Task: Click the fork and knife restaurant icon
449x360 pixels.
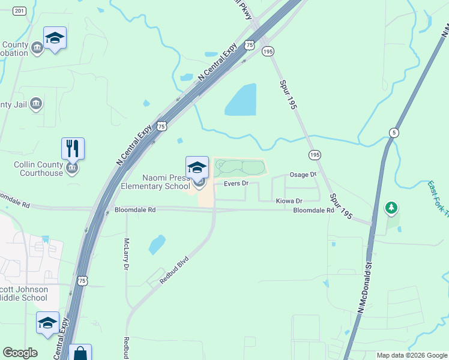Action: point(73,148)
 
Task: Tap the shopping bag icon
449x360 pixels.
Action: point(80,353)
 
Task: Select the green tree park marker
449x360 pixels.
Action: point(391,208)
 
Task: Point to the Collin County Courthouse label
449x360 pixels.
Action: point(38,169)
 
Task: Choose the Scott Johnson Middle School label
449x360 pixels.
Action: point(24,293)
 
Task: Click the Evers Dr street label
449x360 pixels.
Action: point(236,183)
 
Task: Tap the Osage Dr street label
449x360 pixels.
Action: point(303,175)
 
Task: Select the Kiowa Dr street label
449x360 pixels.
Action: point(289,200)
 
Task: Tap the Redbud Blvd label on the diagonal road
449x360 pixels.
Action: point(174,270)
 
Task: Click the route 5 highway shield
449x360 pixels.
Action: point(393,132)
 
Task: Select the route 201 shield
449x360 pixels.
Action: point(19,11)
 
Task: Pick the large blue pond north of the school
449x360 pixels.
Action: point(241,100)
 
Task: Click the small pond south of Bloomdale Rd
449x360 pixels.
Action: point(157,244)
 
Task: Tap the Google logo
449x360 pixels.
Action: point(20,353)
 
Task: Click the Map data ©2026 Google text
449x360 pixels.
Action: point(412,355)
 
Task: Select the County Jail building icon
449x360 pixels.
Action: point(36,104)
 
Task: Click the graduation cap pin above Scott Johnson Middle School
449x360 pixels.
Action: point(47,323)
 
